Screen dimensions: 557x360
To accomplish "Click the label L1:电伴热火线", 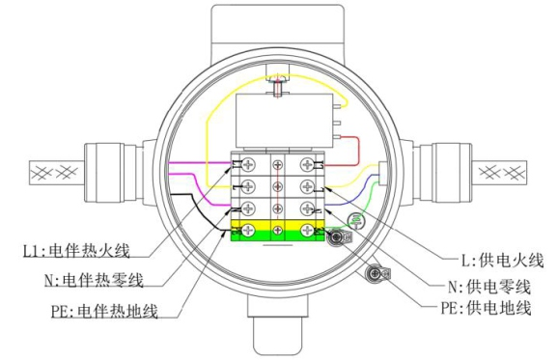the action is [77, 252].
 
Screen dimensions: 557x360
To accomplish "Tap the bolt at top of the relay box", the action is [277, 90].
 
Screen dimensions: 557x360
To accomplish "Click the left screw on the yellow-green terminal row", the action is [249, 230].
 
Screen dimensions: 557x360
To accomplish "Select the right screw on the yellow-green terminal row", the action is [307, 230].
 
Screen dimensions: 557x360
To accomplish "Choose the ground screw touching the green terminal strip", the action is [335, 235].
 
